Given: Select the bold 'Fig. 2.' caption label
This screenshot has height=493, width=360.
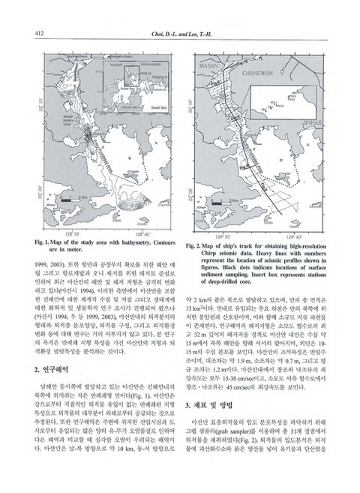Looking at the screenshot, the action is pyautogui.click(x=196, y=247).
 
